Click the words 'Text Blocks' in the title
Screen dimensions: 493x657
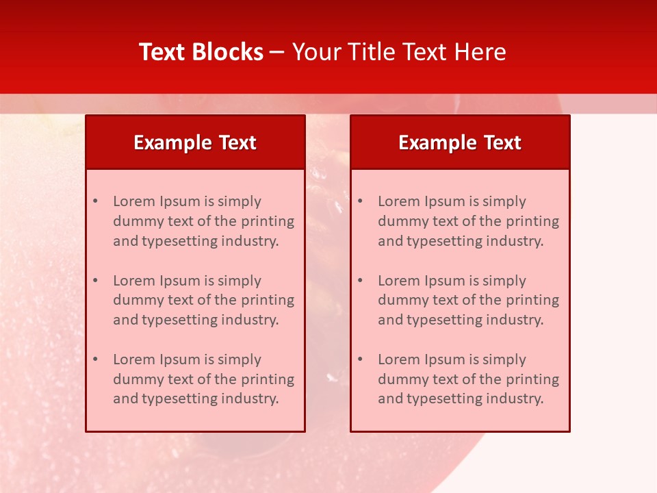point(201,52)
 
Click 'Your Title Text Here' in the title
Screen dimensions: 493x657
point(399,52)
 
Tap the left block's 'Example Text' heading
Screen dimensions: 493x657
point(195,142)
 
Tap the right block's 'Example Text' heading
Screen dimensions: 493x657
point(460,142)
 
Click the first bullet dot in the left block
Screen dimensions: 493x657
point(96,201)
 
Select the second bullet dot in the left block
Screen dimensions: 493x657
point(96,281)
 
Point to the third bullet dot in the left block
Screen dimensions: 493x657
point(96,359)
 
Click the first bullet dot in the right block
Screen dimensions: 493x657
point(361,201)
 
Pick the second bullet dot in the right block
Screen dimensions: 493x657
point(361,281)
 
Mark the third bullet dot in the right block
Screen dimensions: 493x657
point(361,359)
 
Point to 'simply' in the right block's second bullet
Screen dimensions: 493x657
point(504,281)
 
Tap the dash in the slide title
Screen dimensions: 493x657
point(277,52)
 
